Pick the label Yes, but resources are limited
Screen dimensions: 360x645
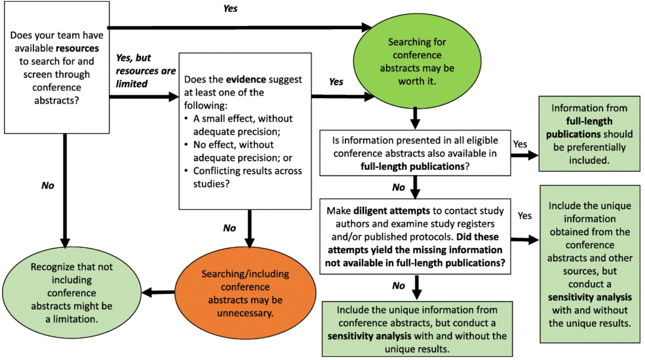(146, 71)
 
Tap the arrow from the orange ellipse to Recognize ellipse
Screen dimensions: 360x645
(159, 292)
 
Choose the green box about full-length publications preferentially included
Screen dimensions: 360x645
(589, 134)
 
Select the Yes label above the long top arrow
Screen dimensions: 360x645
(231, 9)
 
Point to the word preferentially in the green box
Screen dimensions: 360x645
(589, 147)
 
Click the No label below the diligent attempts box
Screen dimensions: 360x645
(398, 285)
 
